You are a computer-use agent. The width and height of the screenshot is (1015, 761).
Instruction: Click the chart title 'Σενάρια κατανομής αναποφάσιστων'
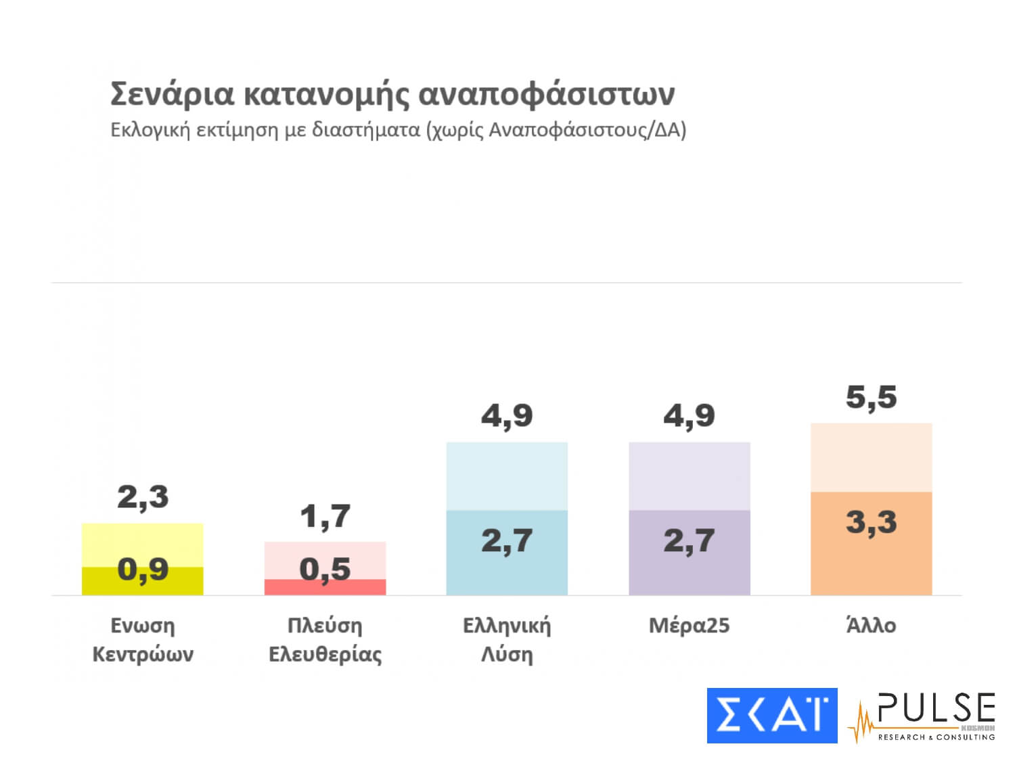(x=392, y=94)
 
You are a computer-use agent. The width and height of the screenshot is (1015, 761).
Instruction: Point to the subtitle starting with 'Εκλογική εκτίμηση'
(x=398, y=129)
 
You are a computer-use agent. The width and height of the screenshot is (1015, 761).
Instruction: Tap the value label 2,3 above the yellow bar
(x=143, y=497)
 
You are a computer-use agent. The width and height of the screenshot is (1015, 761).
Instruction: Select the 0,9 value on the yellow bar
(x=143, y=570)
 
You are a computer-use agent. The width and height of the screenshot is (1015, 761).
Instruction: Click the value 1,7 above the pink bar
(x=325, y=517)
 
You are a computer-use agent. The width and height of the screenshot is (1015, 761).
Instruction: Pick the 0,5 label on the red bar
(x=325, y=570)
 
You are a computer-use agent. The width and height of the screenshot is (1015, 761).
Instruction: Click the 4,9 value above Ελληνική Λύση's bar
(x=507, y=415)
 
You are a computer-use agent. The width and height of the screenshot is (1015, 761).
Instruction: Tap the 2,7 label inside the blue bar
(x=507, y=540)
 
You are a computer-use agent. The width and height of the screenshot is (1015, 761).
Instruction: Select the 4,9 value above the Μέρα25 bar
(x=689, y=415)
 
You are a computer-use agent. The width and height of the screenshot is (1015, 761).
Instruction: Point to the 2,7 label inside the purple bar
(x=689, y=540)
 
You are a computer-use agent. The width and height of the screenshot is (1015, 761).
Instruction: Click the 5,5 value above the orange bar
(x=871, y=397)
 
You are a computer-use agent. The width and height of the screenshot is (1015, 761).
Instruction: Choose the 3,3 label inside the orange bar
(x=871, y=522)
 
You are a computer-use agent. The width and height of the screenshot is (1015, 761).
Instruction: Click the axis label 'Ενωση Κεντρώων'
(x=143, y=640)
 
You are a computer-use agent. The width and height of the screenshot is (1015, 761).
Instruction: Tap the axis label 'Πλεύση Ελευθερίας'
(x=325, y=640)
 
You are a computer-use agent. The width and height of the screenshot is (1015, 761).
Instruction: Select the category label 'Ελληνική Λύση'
(x=507, y=640)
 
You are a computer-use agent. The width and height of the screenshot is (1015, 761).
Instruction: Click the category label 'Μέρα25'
(x=689, y=626)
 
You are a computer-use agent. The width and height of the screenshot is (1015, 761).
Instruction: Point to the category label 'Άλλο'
(x=871, y=626)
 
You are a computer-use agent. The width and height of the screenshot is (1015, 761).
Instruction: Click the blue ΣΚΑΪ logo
(x=771, y=715)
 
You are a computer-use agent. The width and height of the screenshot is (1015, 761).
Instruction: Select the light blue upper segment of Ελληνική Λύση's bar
(x=507, y=476)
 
